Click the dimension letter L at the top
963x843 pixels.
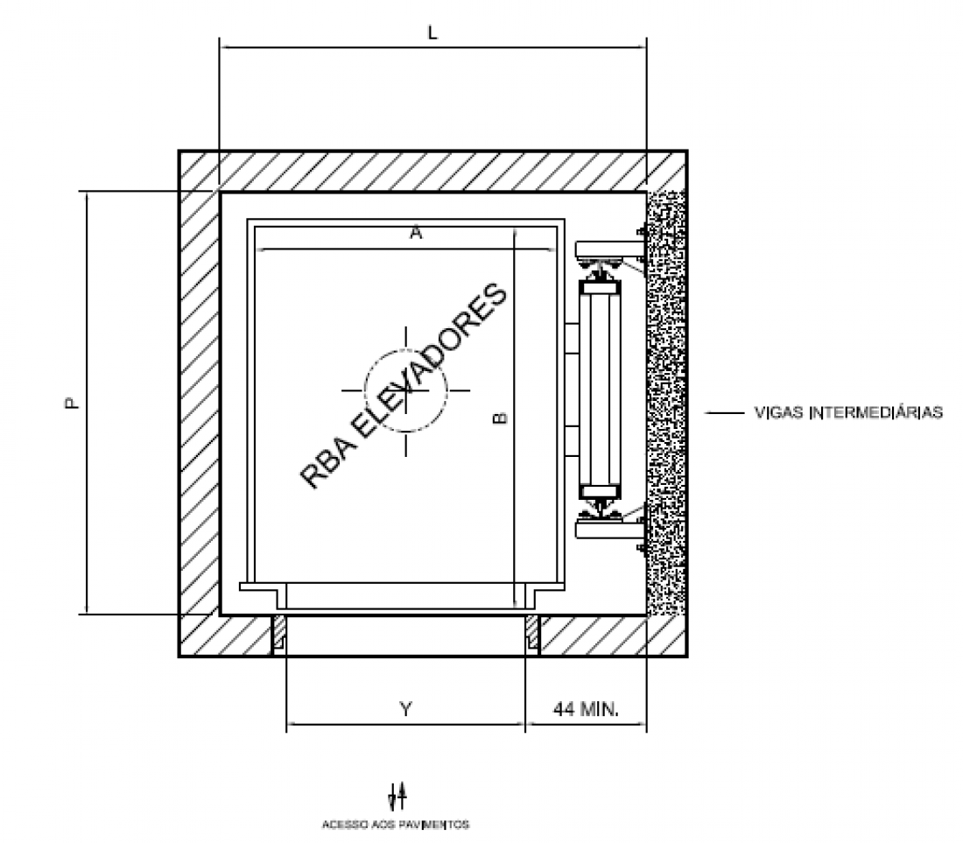tap(432, 32)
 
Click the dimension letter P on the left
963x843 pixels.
tap(73, 403)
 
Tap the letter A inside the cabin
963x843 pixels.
tap(416, 234)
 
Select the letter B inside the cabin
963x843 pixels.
tap(501, 418)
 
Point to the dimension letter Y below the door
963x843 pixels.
tap(406, 709)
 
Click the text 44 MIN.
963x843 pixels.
tap(586, 709)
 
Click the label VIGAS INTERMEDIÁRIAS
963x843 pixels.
tap(848, 412)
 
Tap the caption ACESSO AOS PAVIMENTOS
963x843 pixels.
tap(396, 825)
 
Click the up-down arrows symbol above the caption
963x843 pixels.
tap(397, 796)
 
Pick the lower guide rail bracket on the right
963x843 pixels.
tap(609, 528)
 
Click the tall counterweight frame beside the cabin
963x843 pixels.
tap(600, 390)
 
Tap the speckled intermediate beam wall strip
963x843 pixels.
tap(665, 403)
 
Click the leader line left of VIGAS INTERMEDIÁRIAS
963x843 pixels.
tap(723, 413)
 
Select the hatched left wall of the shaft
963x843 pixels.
tap(199, 403)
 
